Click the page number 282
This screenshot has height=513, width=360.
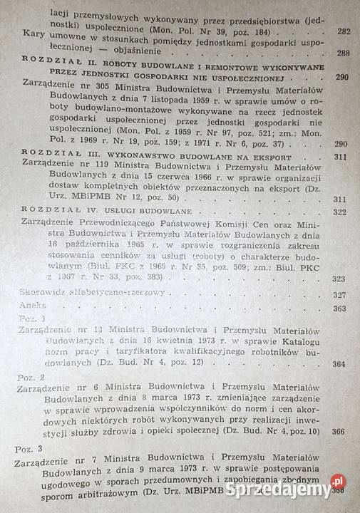tap(343, 33)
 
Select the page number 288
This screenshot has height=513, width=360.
tap(343, 53)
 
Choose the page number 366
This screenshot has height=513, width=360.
tap(338, 431)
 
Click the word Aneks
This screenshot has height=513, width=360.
tap(31, 307)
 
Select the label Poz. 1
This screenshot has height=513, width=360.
tap(31, 318)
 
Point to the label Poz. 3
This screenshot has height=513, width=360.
tap(31, 450)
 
